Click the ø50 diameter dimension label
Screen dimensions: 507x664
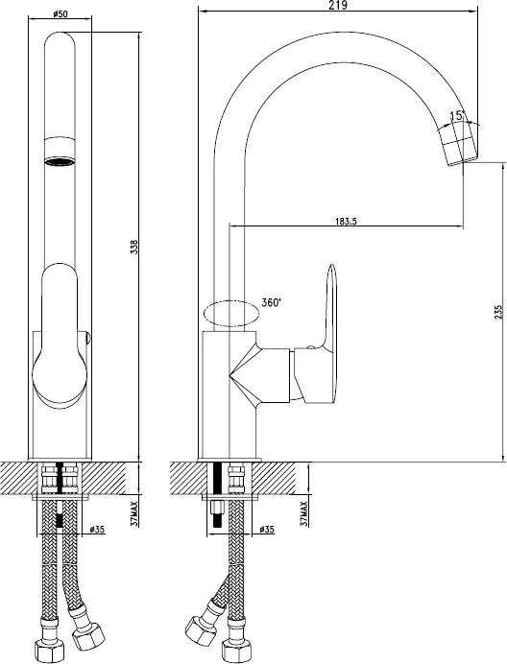(60, 13)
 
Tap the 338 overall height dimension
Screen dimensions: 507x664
(134, 247)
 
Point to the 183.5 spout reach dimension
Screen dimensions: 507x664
(347, 221)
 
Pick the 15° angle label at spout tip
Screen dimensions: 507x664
(457, 115)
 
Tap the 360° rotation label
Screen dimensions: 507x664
(272, 302)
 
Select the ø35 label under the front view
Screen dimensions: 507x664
(98, 529)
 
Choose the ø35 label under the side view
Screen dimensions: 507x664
(267, 529)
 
